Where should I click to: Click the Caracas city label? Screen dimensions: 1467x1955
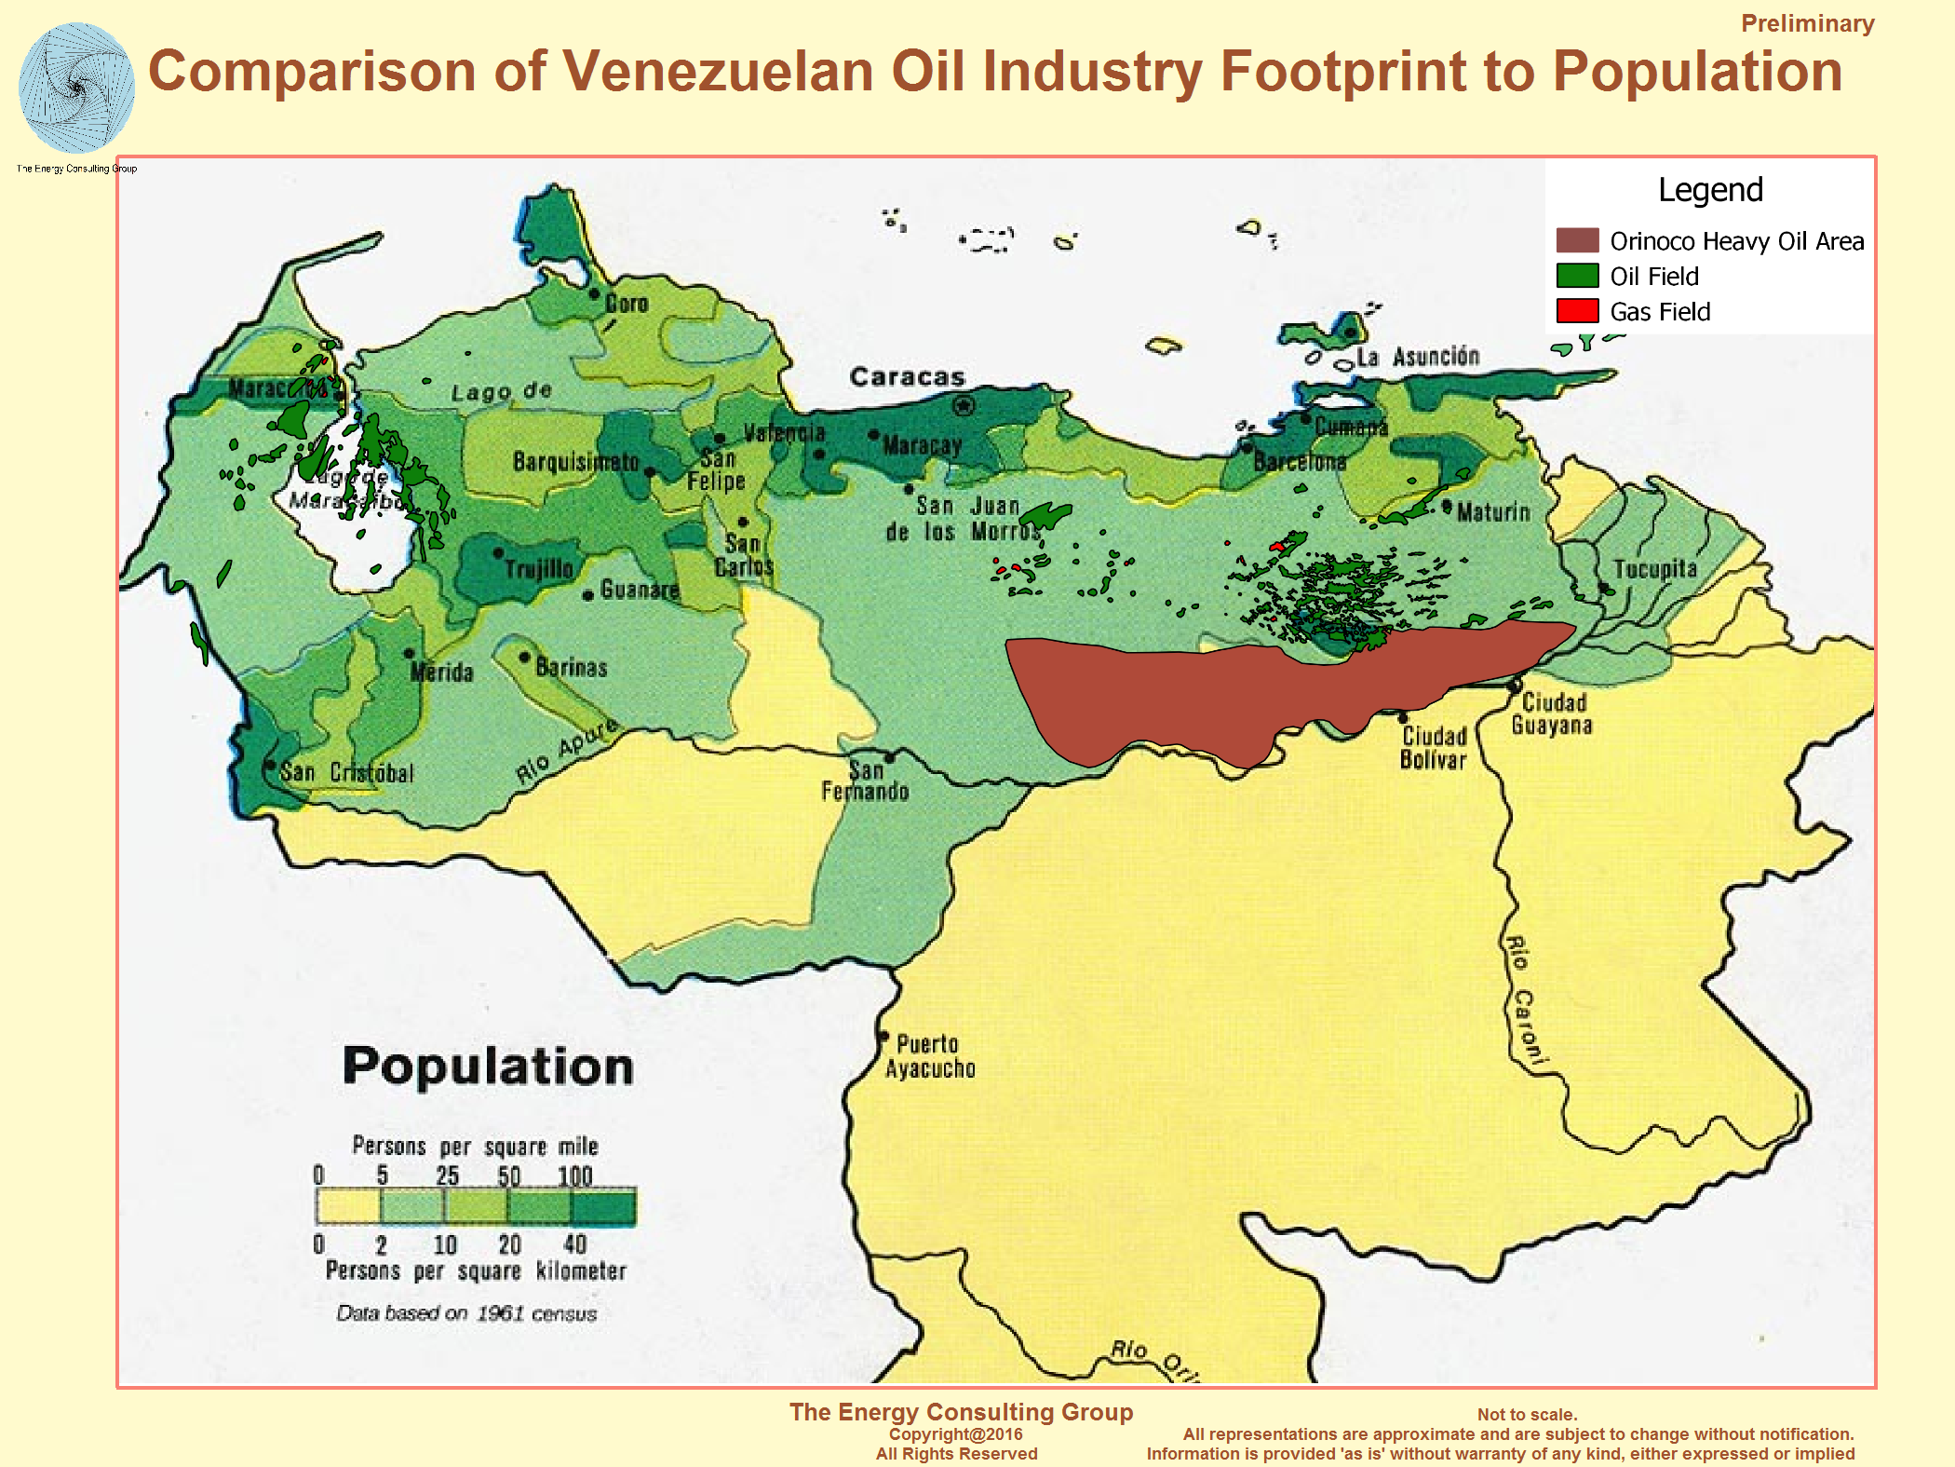pos(907,377)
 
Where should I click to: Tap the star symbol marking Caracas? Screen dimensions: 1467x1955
pos(964,406)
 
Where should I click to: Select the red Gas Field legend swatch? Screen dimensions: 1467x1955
pos(1577,311)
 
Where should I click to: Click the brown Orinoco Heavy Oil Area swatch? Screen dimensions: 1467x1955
pos(1577,240)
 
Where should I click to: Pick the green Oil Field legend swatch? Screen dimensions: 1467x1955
pos(1577,276)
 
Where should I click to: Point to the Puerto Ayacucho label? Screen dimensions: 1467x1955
pos(929,1055)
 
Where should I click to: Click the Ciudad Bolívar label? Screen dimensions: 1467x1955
pos(1434,748)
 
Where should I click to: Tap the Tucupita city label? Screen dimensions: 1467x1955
pos(1654,569)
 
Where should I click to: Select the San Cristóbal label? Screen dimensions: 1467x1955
pos(346,772)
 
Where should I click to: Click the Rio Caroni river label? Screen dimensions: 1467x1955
pos(1524,1001)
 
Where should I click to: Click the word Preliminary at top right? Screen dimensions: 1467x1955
pos(1807,23)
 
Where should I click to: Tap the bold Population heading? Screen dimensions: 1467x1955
pos(488,1066)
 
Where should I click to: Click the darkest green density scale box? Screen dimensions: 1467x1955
pos(603,1207)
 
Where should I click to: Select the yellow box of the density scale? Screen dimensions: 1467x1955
pos(348,1207)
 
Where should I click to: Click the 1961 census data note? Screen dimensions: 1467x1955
pos(466,1313)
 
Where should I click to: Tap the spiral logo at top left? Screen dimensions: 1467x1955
pos(76,88)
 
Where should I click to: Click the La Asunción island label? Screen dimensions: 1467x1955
pos(1417,357)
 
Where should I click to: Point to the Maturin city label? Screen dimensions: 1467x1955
pos(1492,511)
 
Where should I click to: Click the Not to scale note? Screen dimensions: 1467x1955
pos(1527,1414)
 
